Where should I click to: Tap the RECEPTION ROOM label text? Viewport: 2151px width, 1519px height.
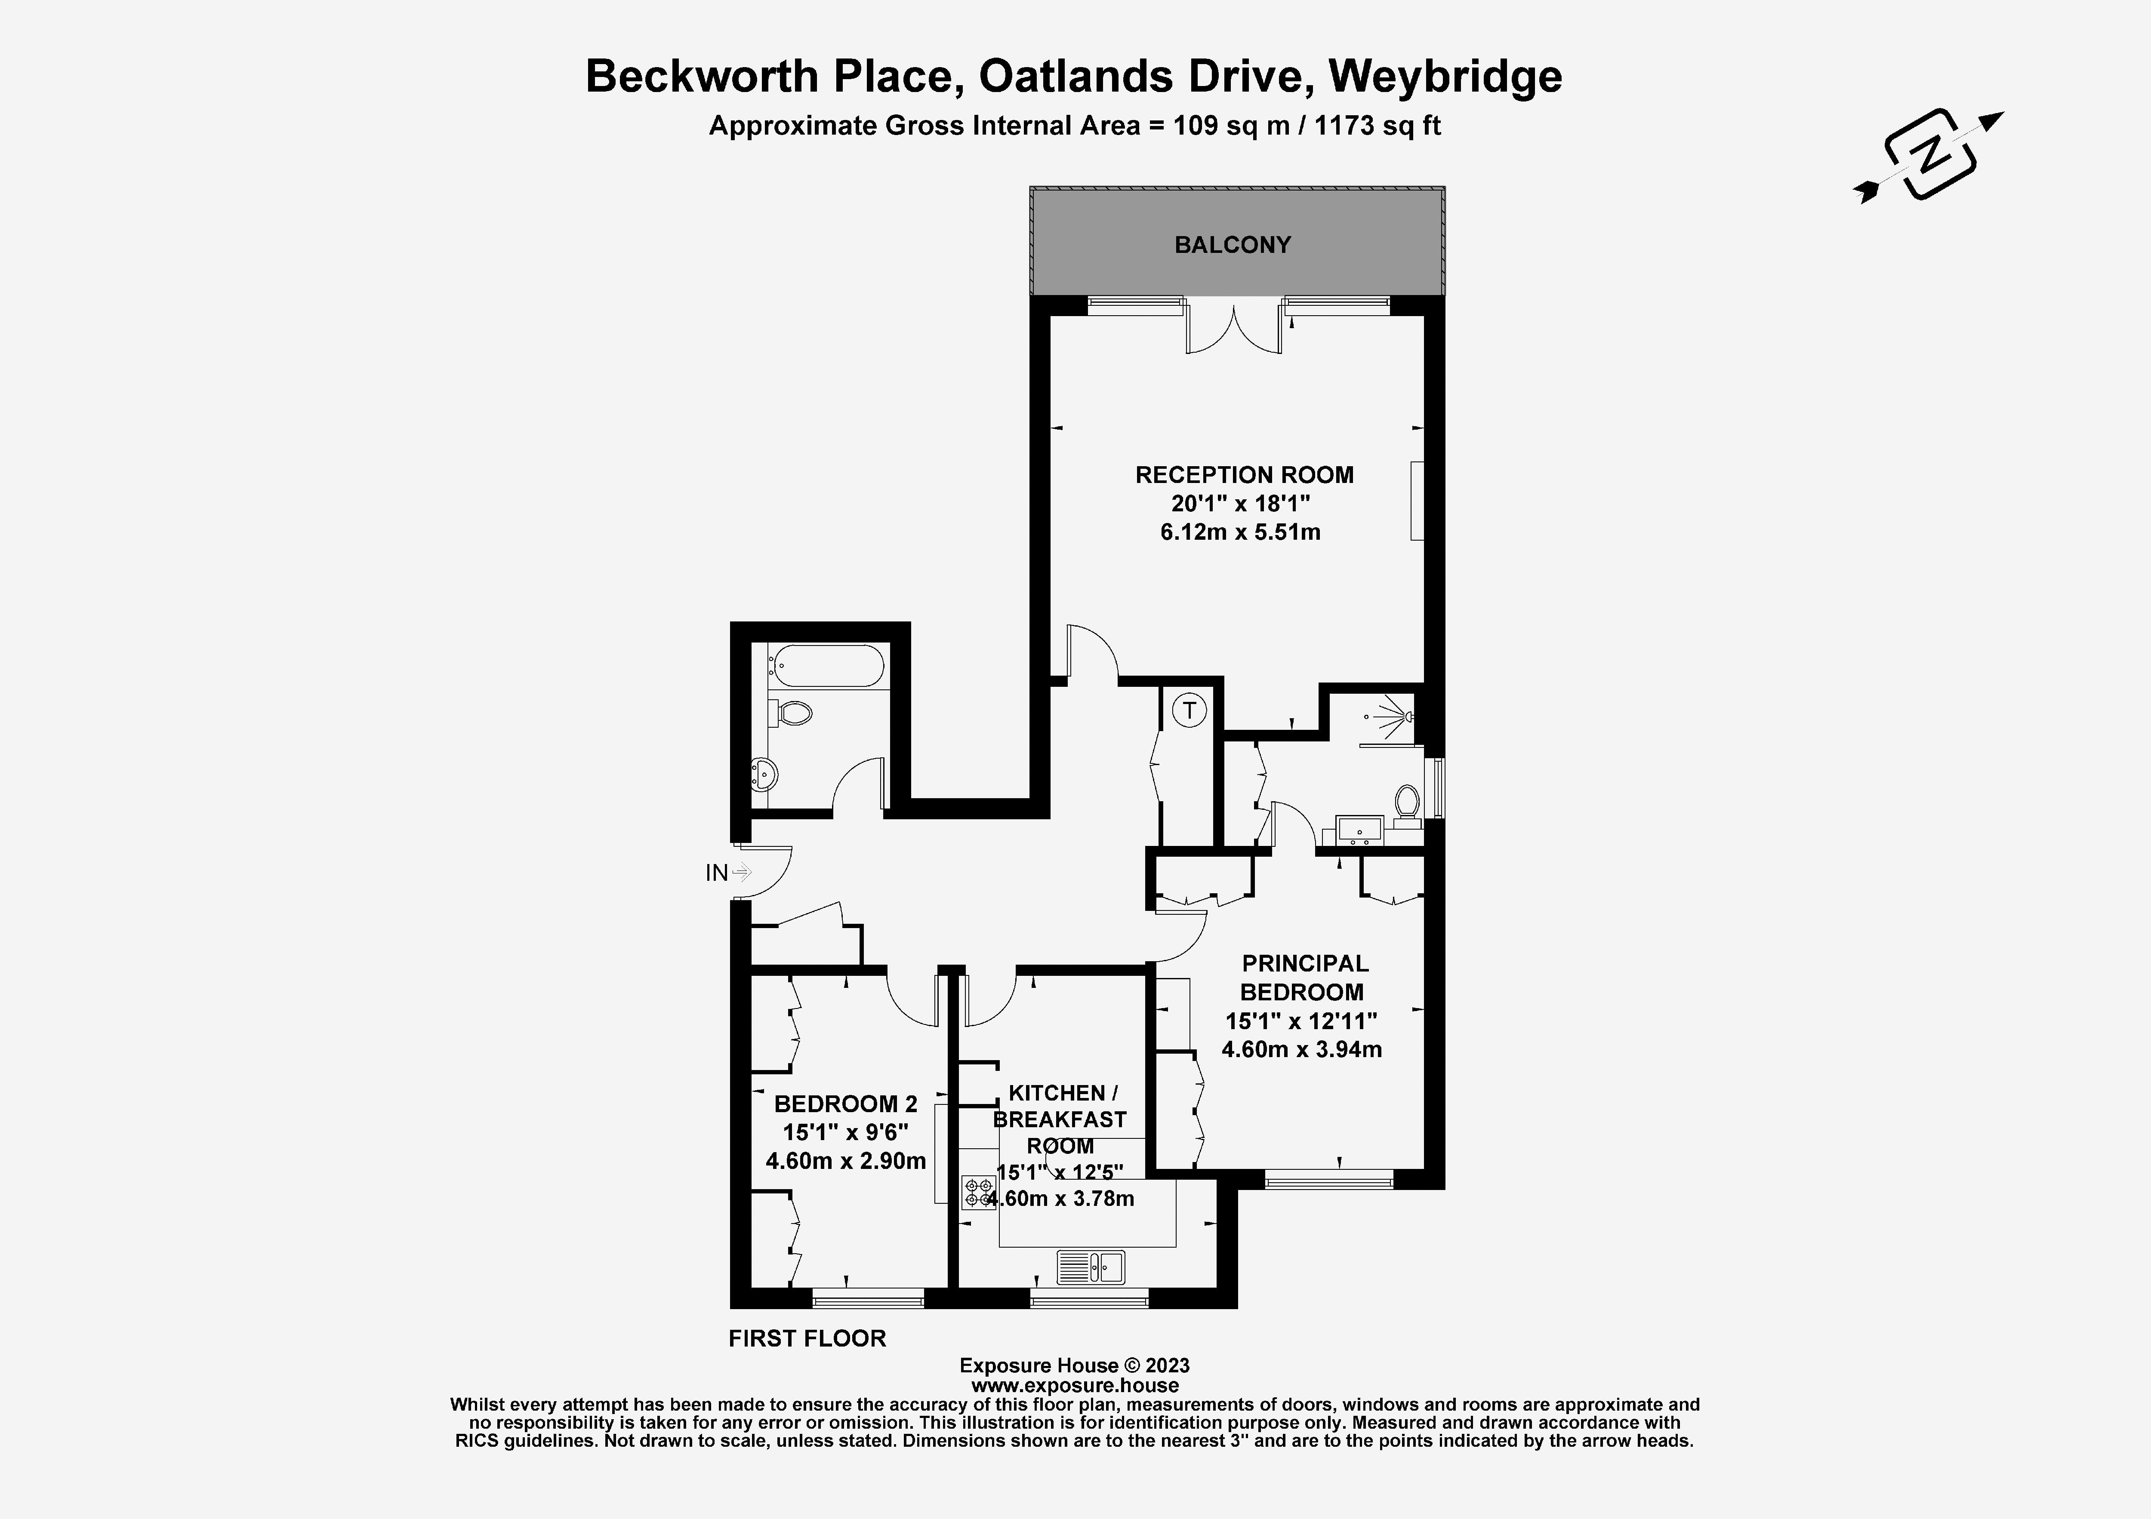(1244, 475)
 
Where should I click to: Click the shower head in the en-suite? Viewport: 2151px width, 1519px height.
(1405, 717)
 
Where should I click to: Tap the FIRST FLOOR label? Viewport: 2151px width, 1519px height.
(807, 1338)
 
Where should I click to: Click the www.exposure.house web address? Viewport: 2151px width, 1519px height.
(1075, 1385)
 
